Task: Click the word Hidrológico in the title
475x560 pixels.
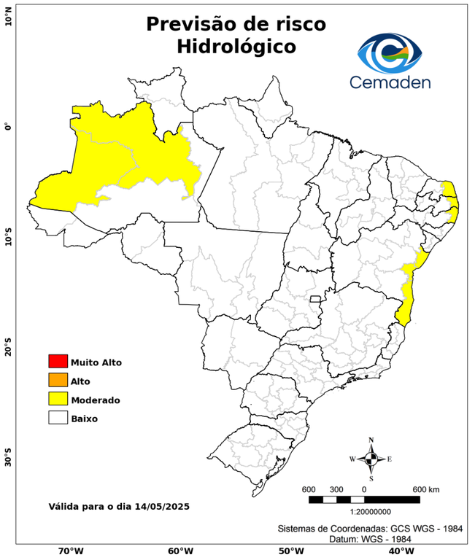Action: tap(236, 46)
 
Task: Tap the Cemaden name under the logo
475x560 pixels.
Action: tap(390, 82)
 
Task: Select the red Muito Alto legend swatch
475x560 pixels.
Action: tap(58, 361)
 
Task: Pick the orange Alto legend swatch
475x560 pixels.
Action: tap(58, 380)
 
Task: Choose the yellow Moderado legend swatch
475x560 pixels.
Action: tap(58, 399)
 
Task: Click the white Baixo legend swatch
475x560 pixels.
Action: tap(58, 418)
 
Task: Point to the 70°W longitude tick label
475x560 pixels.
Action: tap(70, 551)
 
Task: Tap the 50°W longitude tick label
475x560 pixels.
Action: tap(289, 551)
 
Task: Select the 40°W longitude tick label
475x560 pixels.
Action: tap(398, 551)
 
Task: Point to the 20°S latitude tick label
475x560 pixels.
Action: tap(8, 348)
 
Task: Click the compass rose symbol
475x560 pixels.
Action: tap(371, 459)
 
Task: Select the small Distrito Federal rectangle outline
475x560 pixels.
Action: tap(316, 298)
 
